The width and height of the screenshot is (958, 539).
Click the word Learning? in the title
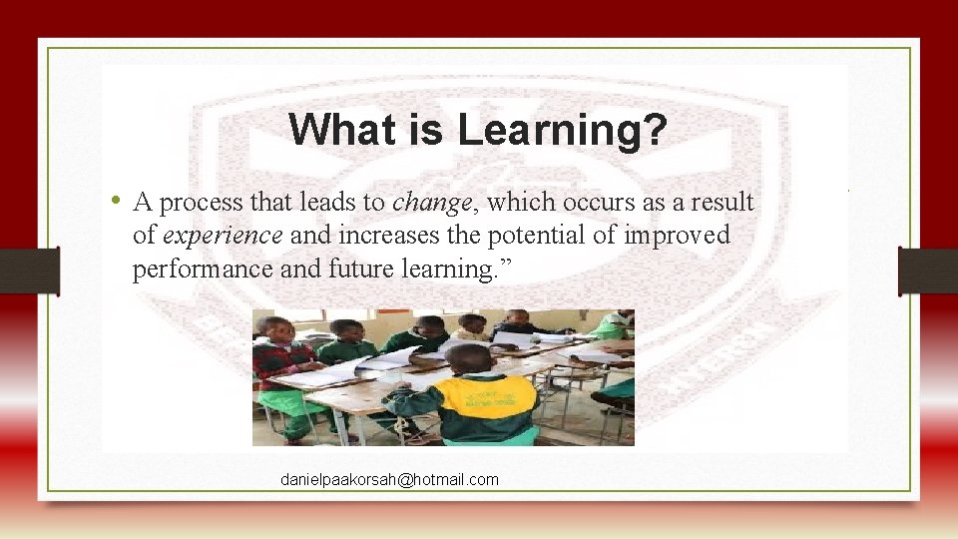tap(563, 130)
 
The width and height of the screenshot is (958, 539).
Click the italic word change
tap(431, 203)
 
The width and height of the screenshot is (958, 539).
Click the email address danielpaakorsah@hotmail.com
tap(389, 480)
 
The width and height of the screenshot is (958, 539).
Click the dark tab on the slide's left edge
tap(30, 270)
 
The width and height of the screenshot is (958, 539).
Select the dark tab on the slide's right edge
tap(928, 270)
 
